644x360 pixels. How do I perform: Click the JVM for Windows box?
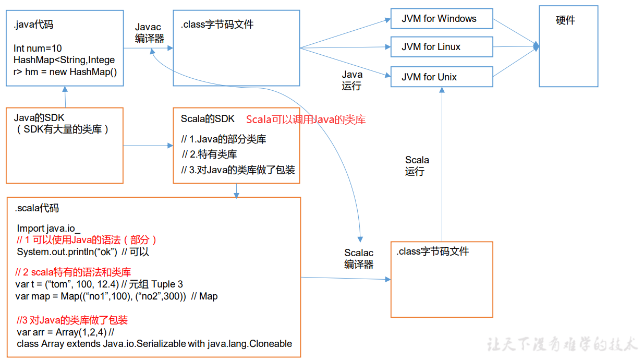click(441, 19)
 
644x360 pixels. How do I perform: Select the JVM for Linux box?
click(441, 47)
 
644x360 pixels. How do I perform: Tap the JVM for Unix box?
click(441, 77)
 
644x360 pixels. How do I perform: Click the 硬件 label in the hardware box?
click(565, 21)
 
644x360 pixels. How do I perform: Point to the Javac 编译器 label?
click(149, 32)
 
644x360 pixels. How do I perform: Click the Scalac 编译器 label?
click(359, 259)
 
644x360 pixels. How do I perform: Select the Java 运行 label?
click(352, 80)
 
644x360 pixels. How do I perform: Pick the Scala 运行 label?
click(417, 165)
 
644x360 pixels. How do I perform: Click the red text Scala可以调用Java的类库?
click(306, 119)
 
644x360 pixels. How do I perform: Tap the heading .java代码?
click(33, 24)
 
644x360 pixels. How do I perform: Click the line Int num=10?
click(38, 49)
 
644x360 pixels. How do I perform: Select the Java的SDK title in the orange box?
click(39, 118)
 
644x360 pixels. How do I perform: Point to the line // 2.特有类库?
click(210, 154)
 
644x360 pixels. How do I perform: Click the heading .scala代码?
click(37, 208)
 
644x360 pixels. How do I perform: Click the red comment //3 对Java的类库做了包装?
click(72, 320)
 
